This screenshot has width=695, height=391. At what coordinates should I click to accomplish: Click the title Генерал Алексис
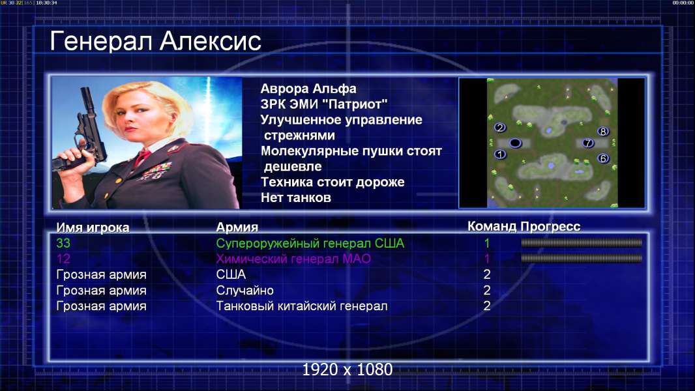tap(155, 42)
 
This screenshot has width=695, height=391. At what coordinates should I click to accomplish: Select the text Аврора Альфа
tap(308, 89)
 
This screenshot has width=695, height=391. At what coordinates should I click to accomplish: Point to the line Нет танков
tap(295, 197)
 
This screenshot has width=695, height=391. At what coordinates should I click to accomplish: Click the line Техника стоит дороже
tap(333, 182)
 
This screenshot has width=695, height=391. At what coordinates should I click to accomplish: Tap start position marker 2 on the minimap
tap(500, 128)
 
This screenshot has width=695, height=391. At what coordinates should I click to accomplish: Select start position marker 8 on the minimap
tap(602, 131)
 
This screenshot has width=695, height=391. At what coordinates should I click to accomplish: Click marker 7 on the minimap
tap(587, 143)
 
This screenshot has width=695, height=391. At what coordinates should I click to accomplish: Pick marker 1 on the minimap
tap(500, 154)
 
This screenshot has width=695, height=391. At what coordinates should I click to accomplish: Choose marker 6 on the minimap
tap(602, 158)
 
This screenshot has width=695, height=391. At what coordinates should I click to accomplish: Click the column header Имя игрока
tap(93, 227)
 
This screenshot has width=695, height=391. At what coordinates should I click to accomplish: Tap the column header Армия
tap(237, 227)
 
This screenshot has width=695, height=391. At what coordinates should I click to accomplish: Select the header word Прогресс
tap(550, 226)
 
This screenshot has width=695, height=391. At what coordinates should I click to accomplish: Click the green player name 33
tap(63, 243)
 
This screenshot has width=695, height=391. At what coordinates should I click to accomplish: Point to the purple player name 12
tap(63, 259)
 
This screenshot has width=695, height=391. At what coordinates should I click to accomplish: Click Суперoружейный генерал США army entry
tap(310, 244)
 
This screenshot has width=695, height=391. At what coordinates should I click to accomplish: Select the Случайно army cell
tap(244, 291)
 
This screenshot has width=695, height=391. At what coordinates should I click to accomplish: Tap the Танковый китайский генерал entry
tap(301, 306)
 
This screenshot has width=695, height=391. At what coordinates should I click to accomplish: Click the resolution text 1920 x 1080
tap(347, 369)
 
